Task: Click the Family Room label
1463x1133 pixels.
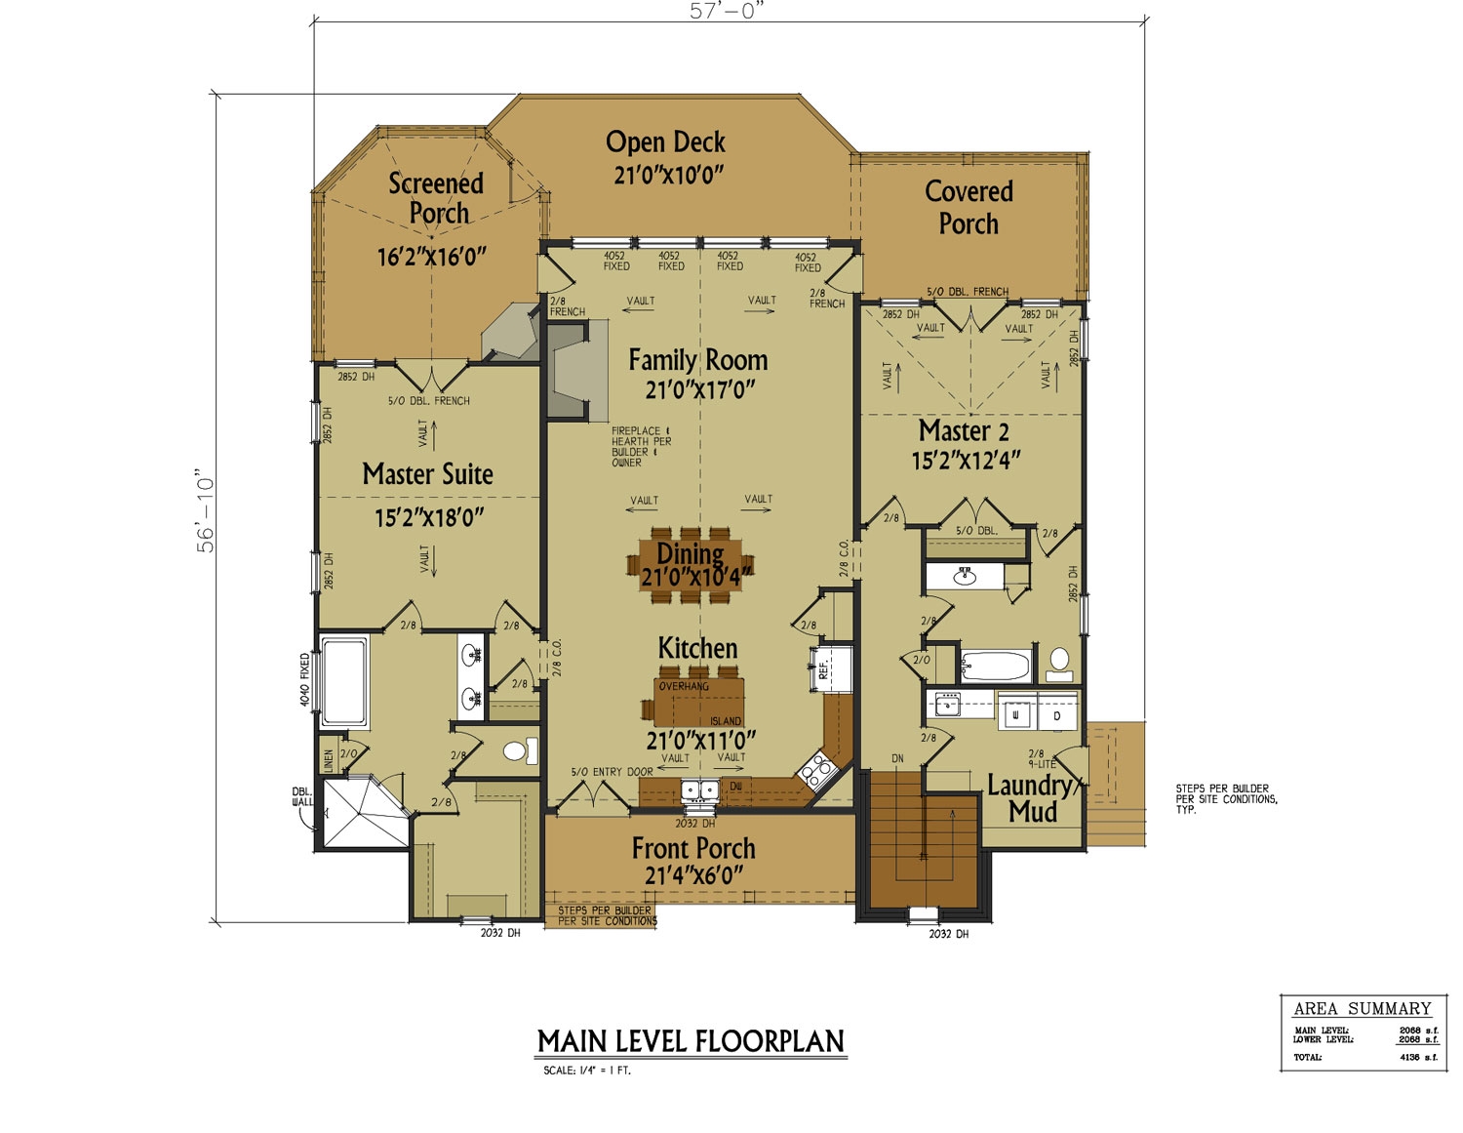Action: click(x=697, y=360)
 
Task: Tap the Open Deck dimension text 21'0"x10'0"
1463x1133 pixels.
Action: click(x=667, y=175)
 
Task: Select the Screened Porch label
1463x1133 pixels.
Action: click(x=437, y=197)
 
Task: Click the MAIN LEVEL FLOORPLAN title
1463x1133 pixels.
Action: click(x=691, y=1041)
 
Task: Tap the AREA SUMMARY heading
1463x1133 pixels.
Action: click(x=1362, y=1009)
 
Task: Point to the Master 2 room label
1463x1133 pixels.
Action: click(x=964, y=430)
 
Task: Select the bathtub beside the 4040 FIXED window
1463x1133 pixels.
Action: click(x=343, y=679)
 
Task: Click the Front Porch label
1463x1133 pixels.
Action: click(x=693, y=848)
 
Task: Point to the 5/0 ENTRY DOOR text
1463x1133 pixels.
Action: click(x=612, y=772)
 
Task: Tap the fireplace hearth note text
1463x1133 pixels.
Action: click(x=641, y=447)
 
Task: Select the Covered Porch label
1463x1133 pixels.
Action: click(x=969, y=207)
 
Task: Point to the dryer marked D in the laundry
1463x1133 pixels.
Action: click(x=1057, y=715)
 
